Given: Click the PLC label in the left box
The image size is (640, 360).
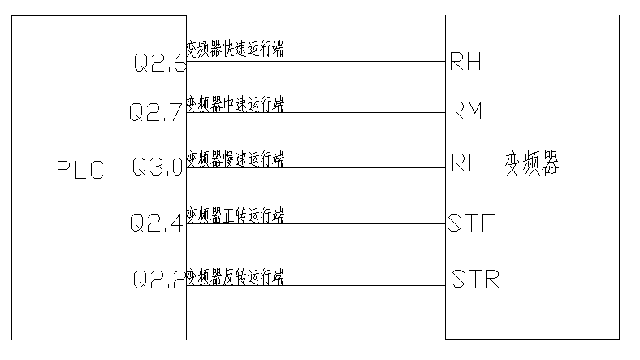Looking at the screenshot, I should coord(80,171).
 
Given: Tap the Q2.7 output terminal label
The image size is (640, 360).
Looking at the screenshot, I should coord(156,112).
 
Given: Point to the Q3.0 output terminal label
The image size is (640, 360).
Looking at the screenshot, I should coord(158,168).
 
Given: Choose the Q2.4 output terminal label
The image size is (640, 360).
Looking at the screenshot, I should coord(156,222).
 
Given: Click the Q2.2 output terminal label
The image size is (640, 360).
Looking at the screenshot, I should coord(159,280).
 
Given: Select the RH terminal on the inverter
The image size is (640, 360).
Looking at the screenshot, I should coord(465,63).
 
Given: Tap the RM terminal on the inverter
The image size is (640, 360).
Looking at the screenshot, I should coord(466,112).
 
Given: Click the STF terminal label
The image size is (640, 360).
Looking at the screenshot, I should coord(471,223).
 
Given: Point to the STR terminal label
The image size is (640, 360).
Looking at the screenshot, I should coord(474,281).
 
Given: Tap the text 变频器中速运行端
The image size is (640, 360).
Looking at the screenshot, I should coord(235,104).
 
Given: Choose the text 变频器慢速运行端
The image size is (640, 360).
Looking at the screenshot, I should coord(235,158).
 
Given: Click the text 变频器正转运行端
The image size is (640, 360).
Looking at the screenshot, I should coord(235,215).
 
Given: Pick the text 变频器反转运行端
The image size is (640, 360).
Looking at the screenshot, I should coord(235,276).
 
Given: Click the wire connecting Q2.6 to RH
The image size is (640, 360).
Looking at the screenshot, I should coord(365,61).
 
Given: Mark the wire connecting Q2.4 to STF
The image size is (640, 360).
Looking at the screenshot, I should coord(365,224).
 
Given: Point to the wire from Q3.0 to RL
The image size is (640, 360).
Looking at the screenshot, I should coord(365,168).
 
